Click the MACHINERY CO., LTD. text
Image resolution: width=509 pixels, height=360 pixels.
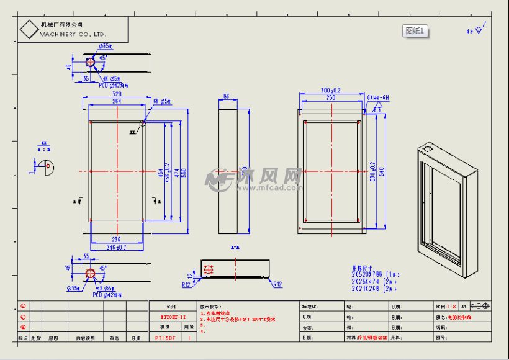pyautogui.click(x=73, y=34)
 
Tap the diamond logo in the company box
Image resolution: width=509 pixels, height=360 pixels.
pyautogui.click(x=29, y=29)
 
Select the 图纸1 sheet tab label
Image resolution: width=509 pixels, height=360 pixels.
pyautogui.click(x=415, y=30)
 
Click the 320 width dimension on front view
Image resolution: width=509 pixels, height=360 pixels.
pyautogui.click(x=117, y=94)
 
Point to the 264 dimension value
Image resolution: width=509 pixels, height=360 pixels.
pyautogui.click(x=117, y=101)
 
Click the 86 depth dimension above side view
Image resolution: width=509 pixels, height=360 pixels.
pyautogui.click(x=226, y=97)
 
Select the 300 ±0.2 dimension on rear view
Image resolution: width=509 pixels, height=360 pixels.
pyautogui.click(x=330, y=91)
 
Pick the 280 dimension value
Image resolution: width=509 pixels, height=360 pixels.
pyautogui.click(x=330, y=97)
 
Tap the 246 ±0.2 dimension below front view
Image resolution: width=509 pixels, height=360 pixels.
pyautogui.click(x=117, y=246)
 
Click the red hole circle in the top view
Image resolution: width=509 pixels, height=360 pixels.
pyautogui.click(x=91, y=63)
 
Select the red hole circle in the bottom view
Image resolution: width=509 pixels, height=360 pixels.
pyautogui.click(x=91, y=273)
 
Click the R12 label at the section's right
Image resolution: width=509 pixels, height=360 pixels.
pyautogui.click(x=277, y=284)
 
